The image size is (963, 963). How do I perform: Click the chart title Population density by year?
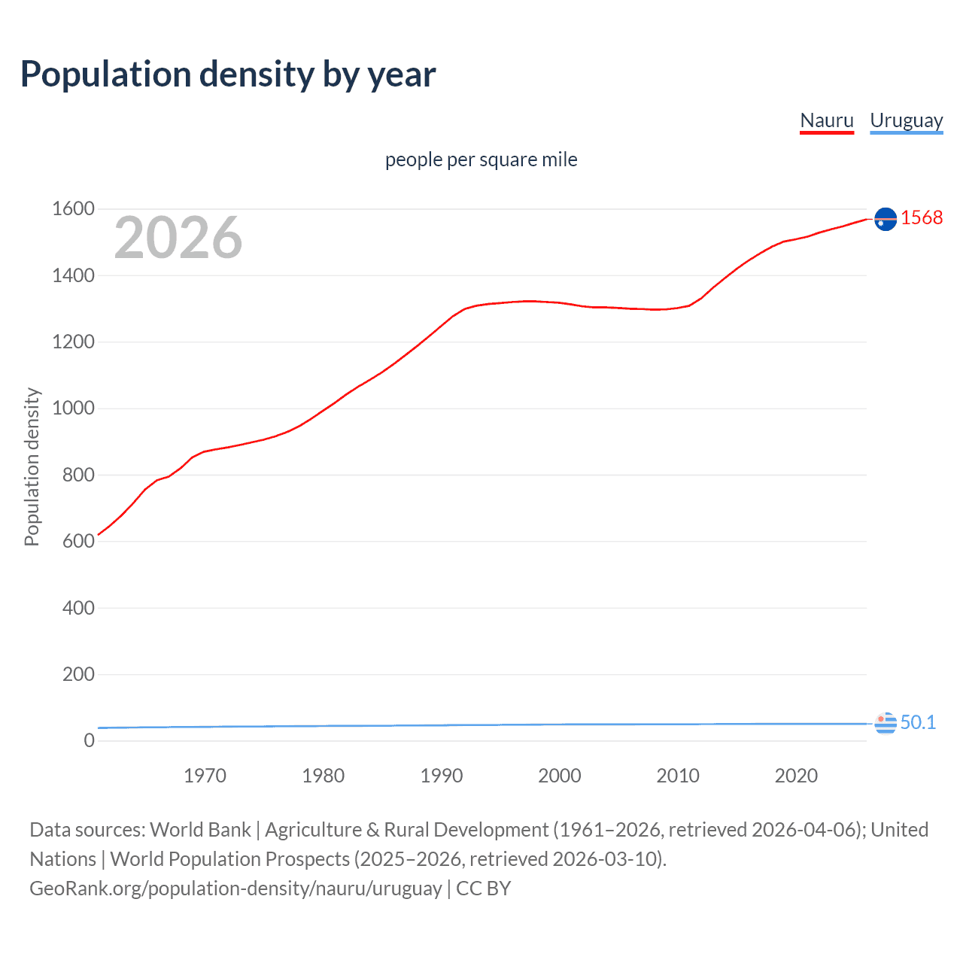[228, 74]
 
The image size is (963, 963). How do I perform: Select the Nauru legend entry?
[826, 120]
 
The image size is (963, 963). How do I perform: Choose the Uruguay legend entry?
[906, 120]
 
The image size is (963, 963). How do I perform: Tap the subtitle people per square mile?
[481, 159]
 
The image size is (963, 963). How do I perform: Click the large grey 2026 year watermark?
[178, 238]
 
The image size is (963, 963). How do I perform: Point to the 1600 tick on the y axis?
[73, 208]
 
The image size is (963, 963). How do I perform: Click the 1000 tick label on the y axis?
[73, 408]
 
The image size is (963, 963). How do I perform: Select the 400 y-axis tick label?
[78, 607]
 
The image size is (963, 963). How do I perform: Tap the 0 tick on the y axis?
[90, 740]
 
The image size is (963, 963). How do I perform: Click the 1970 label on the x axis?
[205, 776]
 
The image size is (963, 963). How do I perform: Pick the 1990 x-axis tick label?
[442, 776]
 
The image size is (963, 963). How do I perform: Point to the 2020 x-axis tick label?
[796, 776]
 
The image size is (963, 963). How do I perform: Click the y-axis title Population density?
[32, 466]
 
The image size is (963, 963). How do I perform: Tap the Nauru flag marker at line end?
[886, 219]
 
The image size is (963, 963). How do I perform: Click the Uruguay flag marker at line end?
[886, 723]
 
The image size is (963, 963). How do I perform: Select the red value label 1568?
[922, 217]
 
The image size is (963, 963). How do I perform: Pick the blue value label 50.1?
[918, 722]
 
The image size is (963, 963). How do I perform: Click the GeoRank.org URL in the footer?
[235, 889]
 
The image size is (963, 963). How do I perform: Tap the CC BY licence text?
[484, 889]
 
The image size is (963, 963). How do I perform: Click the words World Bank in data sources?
[200, 830]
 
